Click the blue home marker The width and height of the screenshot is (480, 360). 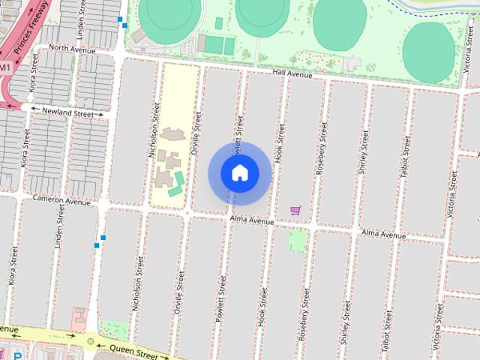(x=239, y=173)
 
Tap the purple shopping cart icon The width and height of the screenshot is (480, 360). (x=295, y=211)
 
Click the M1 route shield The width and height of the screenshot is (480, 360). (x=5, y=67)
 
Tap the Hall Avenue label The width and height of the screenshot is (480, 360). (x=292, y=73)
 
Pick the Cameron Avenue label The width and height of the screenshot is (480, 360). (x=61, y=200)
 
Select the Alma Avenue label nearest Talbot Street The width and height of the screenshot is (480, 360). (x=383, y=234)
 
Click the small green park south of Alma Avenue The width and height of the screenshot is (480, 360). (x=298, y=240)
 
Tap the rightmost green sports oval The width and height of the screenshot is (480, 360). (x=428, y=52)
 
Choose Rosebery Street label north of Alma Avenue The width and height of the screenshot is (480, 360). (x=321, y=148)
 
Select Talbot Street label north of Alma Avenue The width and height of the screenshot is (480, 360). (x=405, y=156)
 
